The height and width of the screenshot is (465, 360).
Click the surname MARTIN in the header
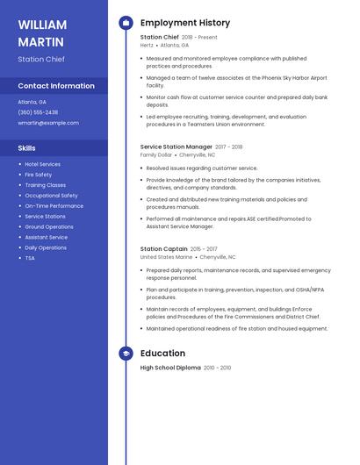coord(40,42)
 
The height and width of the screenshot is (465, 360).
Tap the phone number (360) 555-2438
coord(38,112)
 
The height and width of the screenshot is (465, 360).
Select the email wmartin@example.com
coord(48,123)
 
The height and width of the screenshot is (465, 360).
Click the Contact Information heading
coord(56,86)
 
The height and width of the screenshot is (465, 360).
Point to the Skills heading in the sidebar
coord(27,148)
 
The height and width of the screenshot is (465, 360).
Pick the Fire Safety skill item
coord(39,175)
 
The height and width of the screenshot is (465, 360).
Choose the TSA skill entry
coord(30,258)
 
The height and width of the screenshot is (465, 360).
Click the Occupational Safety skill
coord(51,196)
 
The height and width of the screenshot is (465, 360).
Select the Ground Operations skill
coord(49,226)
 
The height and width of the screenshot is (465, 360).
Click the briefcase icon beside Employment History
coord(126,23)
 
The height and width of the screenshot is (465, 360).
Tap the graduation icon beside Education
coord(126,354)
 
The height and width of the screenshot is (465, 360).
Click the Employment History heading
coord(185,23)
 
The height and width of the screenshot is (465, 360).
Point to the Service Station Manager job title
coord(176,147)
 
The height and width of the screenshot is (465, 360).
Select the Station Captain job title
coord(163,249)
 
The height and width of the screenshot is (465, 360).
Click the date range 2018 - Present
coord(199,38)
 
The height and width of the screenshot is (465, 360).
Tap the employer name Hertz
coord(147,45)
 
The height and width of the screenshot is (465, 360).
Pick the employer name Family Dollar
coord(156,154)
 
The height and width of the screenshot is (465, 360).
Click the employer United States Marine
coord(166,257)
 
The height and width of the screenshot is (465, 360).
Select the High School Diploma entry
coord(170,368)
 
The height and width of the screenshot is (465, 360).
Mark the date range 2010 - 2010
coord(218,368)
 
